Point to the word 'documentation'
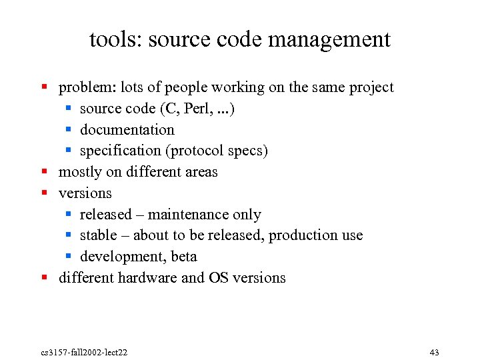(x=127, y=130)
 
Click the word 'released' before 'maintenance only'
(x=106, y=215)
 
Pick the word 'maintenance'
(x=188, y=215)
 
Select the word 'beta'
(x=184, y=257)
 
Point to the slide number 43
(x=434, y=352)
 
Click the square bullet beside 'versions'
(x=45, y=193)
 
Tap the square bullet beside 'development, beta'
(x=69, y=256)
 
